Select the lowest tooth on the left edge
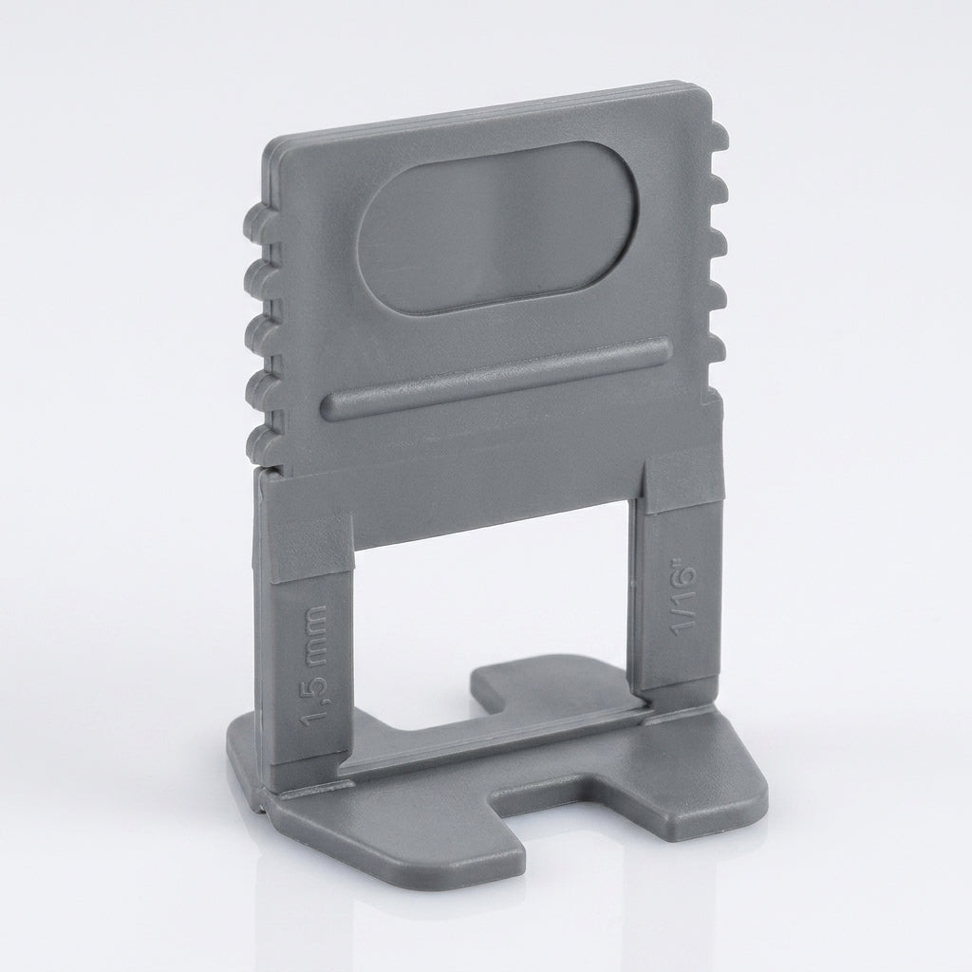point(260,442)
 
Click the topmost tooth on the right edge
point(720,135)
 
